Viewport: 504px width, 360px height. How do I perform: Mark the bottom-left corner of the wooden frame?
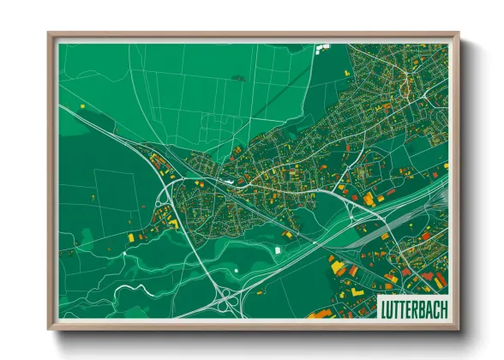(x=50, y=328)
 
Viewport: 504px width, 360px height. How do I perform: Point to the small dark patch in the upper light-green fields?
(x=237, y=78)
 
